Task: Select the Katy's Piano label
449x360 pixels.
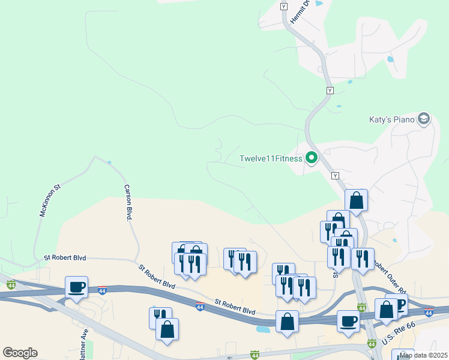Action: pyautogui.click(x=391, y=119)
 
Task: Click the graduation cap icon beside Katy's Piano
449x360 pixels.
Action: pyautogui.click(x=424, y=119)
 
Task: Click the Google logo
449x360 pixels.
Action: pyautogui.click(x=20, y=353)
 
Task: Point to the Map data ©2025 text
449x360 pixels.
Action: pyautogui.click(x=423, y=355)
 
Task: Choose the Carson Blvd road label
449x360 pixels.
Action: pyautogui.click(x=127, y=203)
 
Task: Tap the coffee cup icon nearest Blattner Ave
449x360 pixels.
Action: pyautogui.click(x=76, y=287)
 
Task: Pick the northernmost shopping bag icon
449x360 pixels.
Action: pyautogui.click(x=357, y=200)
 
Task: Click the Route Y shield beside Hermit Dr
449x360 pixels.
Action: pyautogui.click(x=284, y=5)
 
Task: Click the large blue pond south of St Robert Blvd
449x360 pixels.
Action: pyautogui.click(x=263, y=329)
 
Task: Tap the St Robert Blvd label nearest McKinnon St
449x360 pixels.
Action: pyautogui.click(x=65, y=257)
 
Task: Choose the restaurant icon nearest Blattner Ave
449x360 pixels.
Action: pyautogui.click(x=160, y=317)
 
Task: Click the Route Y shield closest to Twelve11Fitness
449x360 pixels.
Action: pyautogui.click(x=336, y=175)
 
